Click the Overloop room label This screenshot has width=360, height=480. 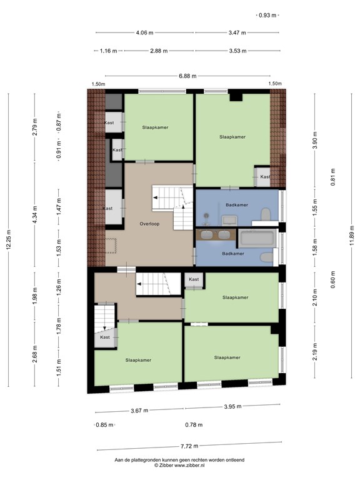pyautogui.click(x=149, y=224)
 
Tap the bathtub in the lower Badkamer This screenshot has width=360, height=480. pyautogui.click(x=257, y=239)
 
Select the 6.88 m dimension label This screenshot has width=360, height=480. pyautogui.click(x=187, y=76)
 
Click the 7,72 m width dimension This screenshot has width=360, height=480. pyautogui.click(x=189, y=446)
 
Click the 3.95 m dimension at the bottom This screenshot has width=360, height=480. pyautogui.click(x=232, y=406)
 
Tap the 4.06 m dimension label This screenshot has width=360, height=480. pyautogui.click(x=144, y=32)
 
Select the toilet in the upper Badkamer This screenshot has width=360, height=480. pyautogui.click(x=266, y=214)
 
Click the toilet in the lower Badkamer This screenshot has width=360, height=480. pyautogui.click(x=267, y=257)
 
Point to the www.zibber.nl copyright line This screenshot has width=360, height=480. pyautogui.click(x=179, y=465)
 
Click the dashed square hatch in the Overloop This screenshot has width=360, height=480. pyautogui.click(x=111, y=245)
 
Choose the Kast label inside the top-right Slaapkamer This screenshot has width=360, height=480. pyautogui.click(x=265, y=177)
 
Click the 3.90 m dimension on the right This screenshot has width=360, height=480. pyautogui.click(x=315, y=140)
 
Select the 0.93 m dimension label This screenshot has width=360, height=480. pyautogui.click(x=267, y=15)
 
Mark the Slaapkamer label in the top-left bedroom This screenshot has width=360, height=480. pyautogui.click(x=155, y=127)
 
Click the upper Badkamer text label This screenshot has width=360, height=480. pyautogui.click(x=237, y=205)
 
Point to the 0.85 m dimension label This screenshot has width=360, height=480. pyautogui.click(x=104, y=425)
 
